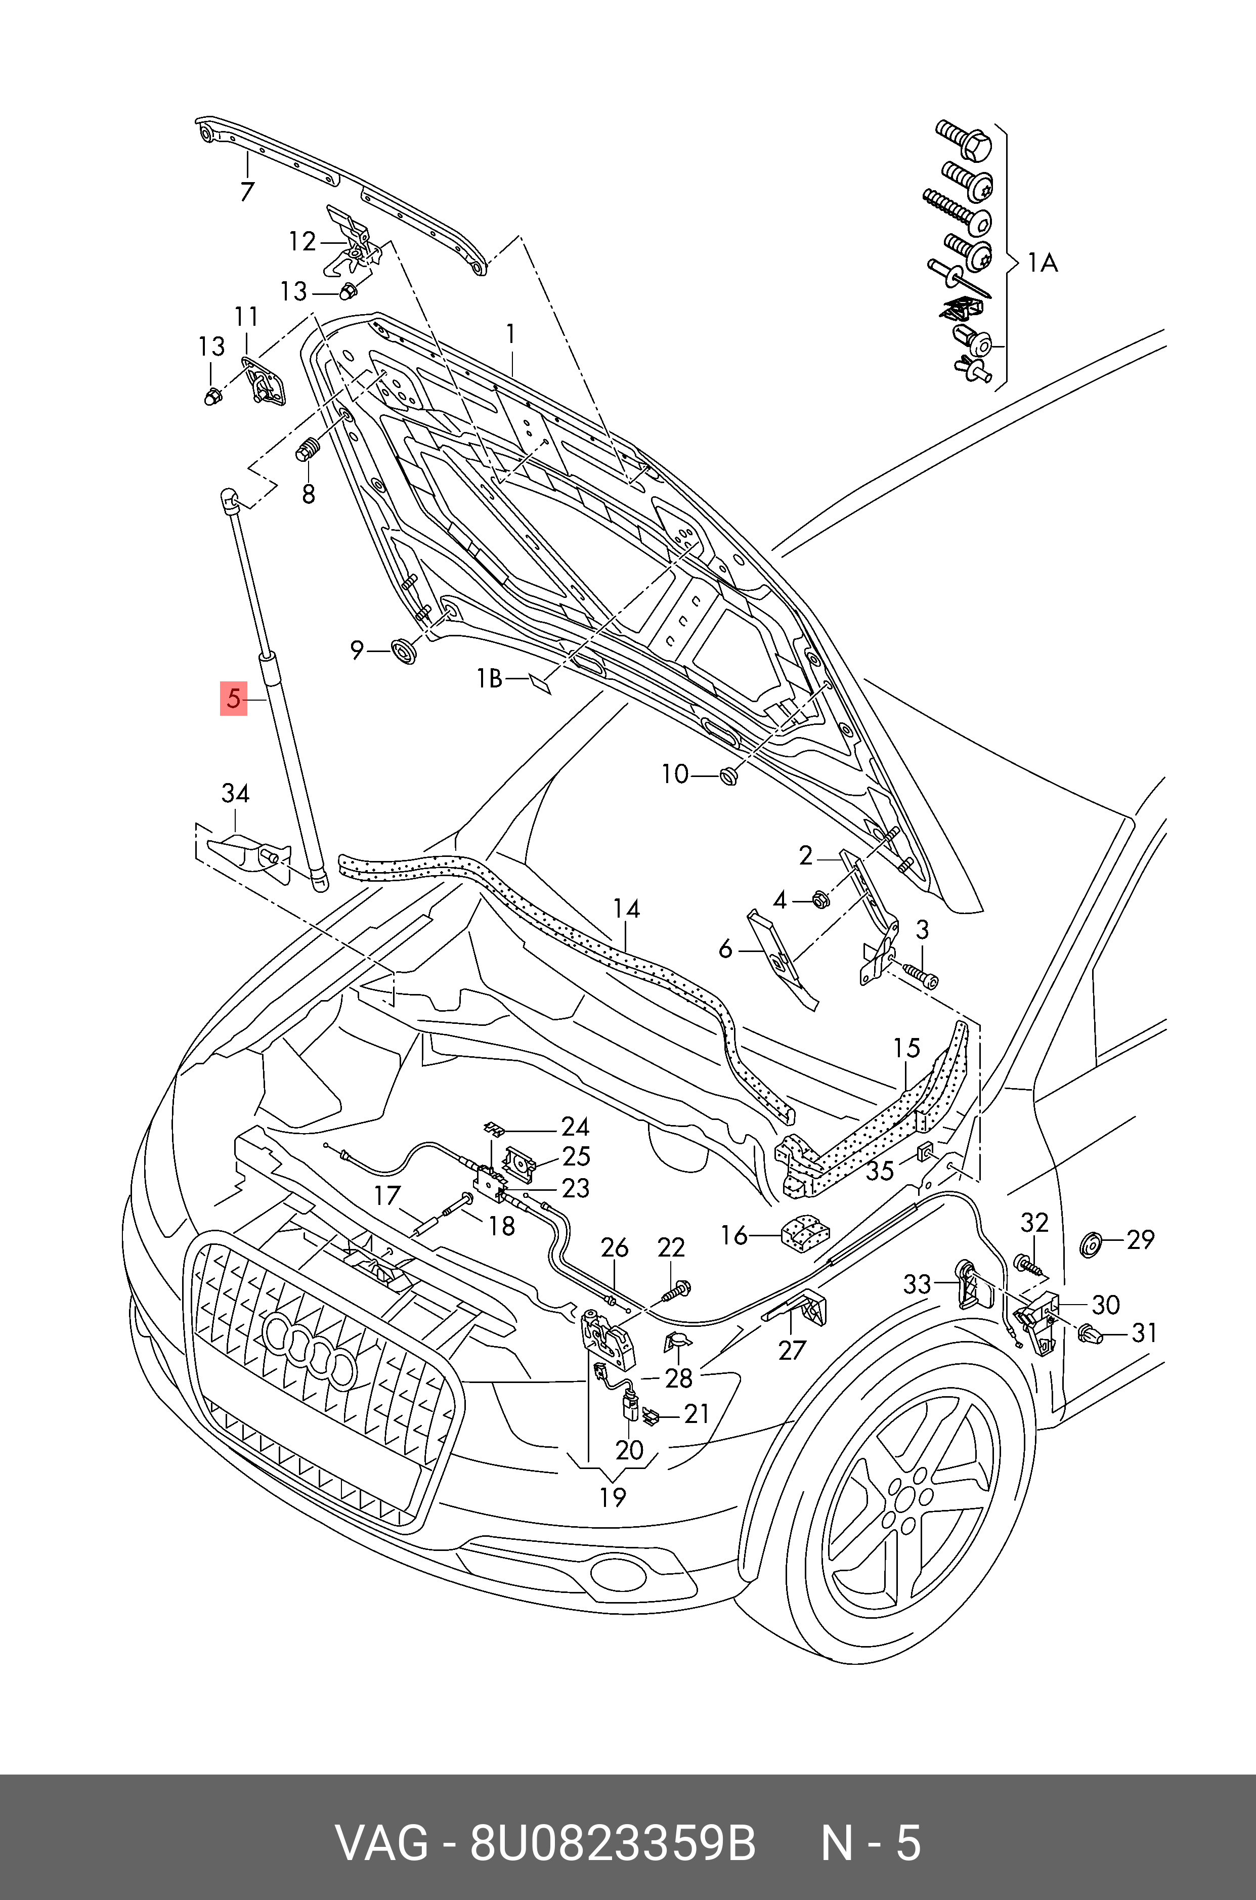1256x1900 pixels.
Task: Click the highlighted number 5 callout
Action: (233, 699)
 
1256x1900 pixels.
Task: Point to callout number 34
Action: (236, 794)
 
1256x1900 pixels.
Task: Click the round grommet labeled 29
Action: (1090, 1246)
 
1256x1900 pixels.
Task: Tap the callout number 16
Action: (734, 1235)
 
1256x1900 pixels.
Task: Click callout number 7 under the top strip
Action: (247, 191)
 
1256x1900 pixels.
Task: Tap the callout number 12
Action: (302, 241)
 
